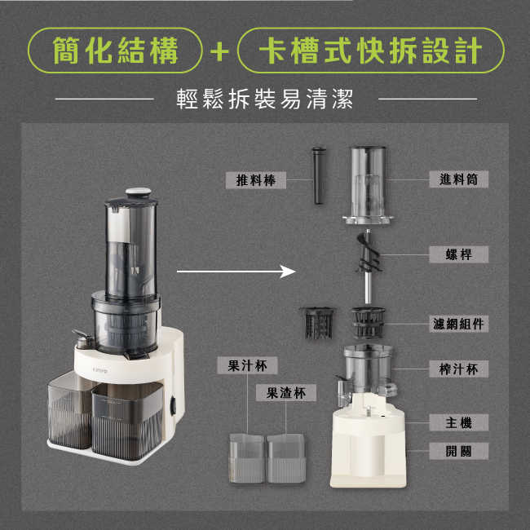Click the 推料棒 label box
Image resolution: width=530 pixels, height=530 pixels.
(255, 180)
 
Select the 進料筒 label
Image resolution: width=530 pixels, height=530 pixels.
(458, 179)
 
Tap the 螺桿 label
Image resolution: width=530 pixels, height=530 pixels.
(458, 254)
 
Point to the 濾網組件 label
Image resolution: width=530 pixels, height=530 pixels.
(458, 324)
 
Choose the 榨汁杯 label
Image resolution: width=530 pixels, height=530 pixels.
(458, 369)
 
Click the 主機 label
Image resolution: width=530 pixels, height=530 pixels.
(458, 422)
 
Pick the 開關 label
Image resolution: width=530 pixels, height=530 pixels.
(458, 451)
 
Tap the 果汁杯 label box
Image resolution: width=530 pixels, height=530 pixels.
(247, 365)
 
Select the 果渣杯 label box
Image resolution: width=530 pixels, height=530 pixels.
(286, 393)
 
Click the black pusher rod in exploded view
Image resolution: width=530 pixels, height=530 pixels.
(318, 176)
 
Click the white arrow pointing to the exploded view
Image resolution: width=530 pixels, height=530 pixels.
(236, 271)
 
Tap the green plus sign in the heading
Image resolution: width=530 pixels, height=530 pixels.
(219, 51)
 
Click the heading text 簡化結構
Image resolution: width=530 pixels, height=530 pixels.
(116, 51)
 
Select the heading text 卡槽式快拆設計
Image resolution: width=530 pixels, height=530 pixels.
(370, 51)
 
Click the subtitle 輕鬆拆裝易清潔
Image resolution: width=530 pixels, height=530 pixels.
(265, 99)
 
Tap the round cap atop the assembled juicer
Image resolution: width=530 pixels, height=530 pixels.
(139, 193)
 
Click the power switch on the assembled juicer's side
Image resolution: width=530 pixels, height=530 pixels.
(173, 406)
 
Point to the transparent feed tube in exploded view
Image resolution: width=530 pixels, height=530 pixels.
(368, 185)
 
